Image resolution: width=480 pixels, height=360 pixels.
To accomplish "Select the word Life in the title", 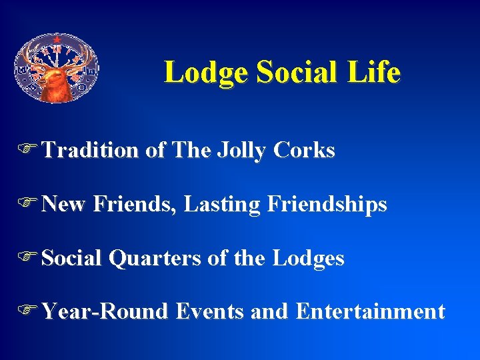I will tap(377, 72).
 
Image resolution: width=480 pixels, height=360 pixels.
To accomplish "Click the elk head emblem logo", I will tap(57, 68).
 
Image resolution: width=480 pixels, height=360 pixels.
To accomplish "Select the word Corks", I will tap(304, 151).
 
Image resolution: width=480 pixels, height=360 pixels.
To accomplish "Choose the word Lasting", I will tap(222, 204).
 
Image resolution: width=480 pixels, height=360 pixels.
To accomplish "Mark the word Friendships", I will tap(327, 205).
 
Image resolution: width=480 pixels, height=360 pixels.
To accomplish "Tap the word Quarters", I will tap(154, 258).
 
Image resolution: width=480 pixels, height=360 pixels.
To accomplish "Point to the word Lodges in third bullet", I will tap(309, 258).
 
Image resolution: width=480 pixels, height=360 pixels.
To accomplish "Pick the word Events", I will tap(210, 311).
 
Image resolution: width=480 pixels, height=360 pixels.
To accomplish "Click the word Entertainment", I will tap(371, 311).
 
